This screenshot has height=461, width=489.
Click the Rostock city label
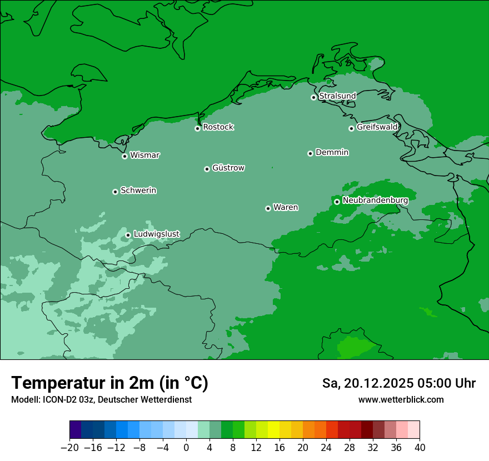pyautogui.click(x=218, y=127)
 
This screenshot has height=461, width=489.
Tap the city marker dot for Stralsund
pyautogui.click(x=313, y=97)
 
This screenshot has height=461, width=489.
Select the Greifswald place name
pyautogui.click(x=377, y=127)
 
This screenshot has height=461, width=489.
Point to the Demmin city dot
pyautogui.click(x=310, y=153)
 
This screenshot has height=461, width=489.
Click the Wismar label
pyautogui.click(x=144, y=156)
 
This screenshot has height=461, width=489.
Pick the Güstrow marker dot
pyautogui.click(x=207, y=169)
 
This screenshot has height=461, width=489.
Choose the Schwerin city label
pyautogui.click(x=138, y=191)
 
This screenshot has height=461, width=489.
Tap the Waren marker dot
pyautogui.click(x=268, y=208)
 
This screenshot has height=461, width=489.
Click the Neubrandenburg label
pyautogui.click(x=375, y=201)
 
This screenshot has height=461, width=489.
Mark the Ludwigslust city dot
pyautogui.click(x=128, y=235)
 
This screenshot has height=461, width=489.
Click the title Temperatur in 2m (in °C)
pyautogui.click(x=109, y=383)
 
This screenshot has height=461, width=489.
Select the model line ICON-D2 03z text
pyautogui.click(x=101, y=400)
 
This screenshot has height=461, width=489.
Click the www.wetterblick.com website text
pyautogui.click(x=401, y=400)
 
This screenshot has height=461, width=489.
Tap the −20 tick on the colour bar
pyautogui.click(x=70, y=448)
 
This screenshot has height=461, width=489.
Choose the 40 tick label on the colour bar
pyautogui.click(x=420, y=448)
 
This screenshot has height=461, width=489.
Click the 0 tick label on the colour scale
pyautogui.click(x=186, y=448)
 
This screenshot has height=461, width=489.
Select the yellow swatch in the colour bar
pyautogui.click(x=273, y=430)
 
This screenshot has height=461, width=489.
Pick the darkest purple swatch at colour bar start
pyautogui.click(x=76, y=430)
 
